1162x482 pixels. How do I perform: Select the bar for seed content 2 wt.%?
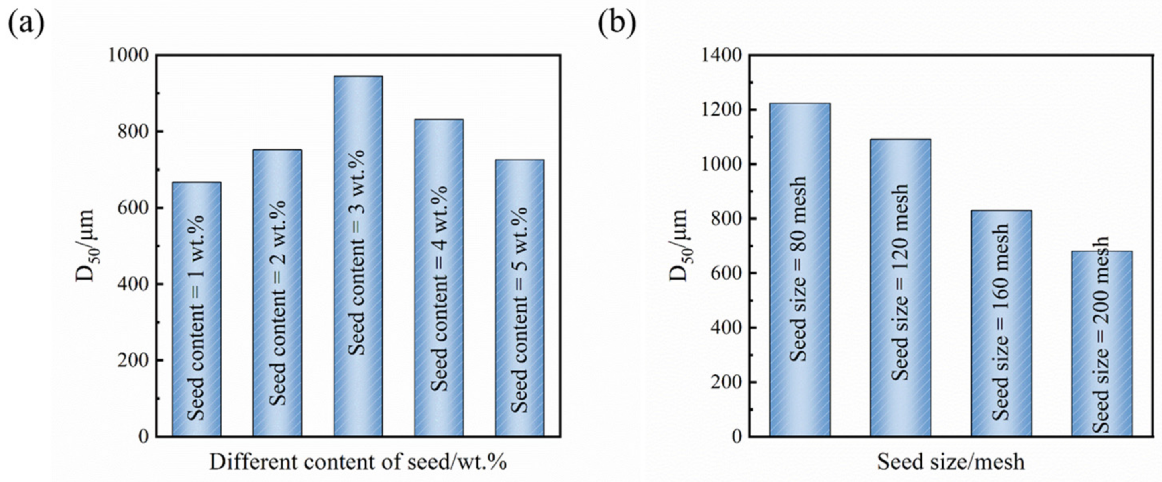(x=277, y=293)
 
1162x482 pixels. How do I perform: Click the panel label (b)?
(x=617, y=23)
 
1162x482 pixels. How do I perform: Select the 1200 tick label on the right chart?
(x=721, y=110)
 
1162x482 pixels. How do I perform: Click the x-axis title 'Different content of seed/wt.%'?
(x=358, y=462)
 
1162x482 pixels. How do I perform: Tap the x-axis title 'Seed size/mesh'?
(x=950, y=462)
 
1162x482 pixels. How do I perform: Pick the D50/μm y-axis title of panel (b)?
(x=678, y=246)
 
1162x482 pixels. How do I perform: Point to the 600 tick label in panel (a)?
(x=134, y=208)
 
